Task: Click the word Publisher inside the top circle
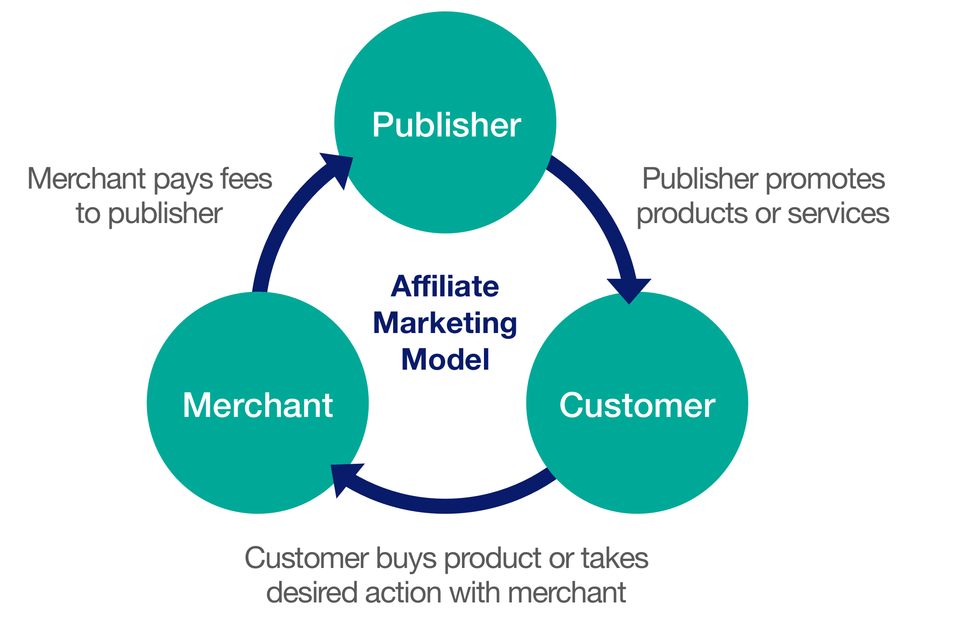click(x=446, y=125)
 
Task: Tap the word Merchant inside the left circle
click(x=258, y=405)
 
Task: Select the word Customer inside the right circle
click(x=637, y=405)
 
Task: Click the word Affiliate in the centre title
click(x=445, y=287)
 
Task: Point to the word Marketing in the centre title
click(x=445, y=324)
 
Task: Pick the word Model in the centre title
click(x=445, y=360)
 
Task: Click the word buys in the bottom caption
click(x=406, y=559)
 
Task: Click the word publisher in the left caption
click(x=165, y=214)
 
